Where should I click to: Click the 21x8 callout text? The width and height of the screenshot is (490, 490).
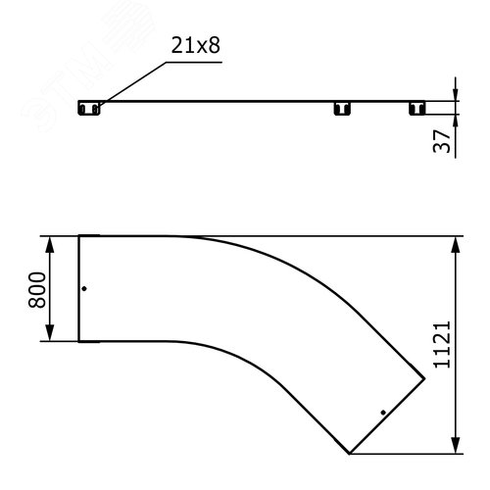click(196, 45)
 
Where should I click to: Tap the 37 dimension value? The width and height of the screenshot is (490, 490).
click(442, 141)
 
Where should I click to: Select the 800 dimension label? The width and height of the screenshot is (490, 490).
click(37, 290)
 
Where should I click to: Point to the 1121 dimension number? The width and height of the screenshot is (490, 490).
click(442, 345)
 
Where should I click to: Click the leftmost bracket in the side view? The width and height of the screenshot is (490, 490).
click(89, 108)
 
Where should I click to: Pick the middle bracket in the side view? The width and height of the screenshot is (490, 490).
click(342, 108)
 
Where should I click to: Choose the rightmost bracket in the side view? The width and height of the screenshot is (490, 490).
click(417, 108)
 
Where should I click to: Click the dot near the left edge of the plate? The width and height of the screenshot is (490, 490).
click(84, 288)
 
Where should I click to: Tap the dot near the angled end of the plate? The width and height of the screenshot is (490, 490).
click(383, 413)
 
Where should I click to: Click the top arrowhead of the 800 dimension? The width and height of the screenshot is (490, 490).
click(49, 244)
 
